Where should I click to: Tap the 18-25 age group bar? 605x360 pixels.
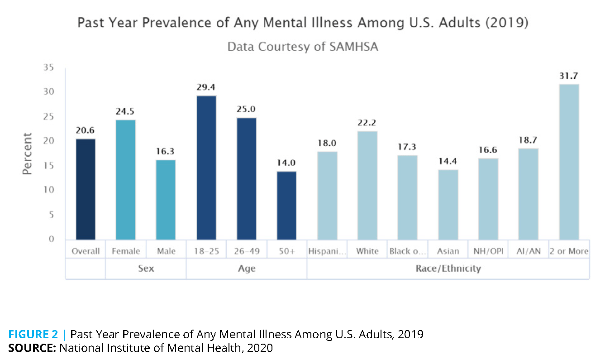point(206,168)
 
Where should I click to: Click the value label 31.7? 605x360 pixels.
point(569,76)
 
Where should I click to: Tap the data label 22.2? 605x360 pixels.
point(367,123)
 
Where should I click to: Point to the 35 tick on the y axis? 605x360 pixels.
point(48,68)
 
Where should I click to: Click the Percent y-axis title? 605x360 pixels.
point(28,154)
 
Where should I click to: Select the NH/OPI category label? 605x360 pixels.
point(488,251)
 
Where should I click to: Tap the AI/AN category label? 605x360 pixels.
point(529,251)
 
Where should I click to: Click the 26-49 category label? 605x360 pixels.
point(247,251)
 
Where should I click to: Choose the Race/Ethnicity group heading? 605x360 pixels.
point(448,269)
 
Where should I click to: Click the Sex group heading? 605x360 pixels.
point(146,269)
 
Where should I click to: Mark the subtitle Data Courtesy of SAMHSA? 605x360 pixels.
point(302,47)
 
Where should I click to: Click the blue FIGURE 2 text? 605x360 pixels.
point(33,335)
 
